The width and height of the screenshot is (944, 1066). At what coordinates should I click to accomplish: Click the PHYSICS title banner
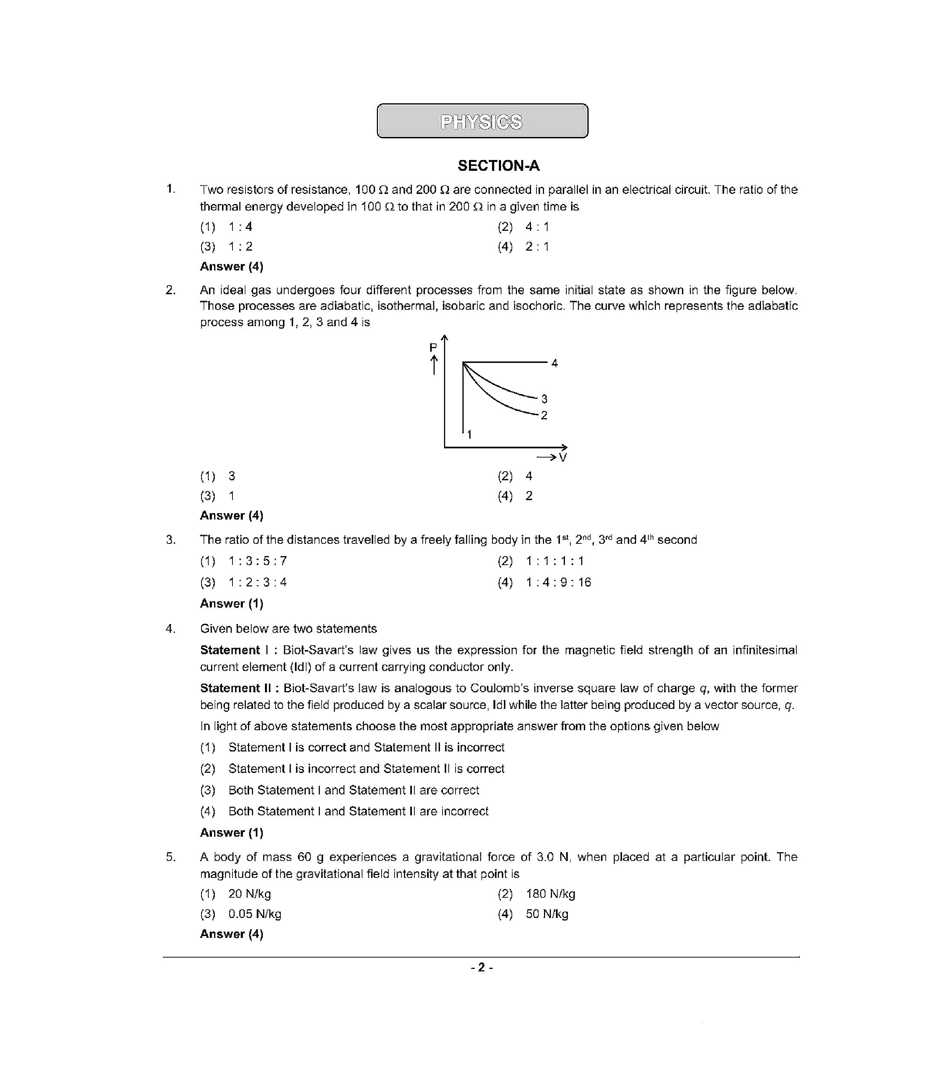click(x=482, y=121)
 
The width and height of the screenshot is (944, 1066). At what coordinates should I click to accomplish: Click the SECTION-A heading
click(x=498, y=166)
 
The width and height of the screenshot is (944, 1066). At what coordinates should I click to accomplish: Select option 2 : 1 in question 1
click(x=537, y=247)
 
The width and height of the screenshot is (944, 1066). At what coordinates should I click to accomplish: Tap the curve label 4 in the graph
click(x=554, y=363)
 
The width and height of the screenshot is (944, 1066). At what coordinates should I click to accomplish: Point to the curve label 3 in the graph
click(x=544, y=399)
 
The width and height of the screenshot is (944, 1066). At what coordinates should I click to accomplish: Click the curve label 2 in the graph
click(x=544, y=416)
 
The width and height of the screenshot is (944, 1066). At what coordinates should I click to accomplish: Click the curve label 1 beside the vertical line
click(x=470, y=434)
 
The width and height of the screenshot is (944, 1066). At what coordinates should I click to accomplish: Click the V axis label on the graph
click(x=562, y=458)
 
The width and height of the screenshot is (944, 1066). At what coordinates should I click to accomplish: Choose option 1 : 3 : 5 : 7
click(x=257, y=561)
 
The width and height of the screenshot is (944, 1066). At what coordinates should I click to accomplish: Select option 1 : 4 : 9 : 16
click(x=558, y=582)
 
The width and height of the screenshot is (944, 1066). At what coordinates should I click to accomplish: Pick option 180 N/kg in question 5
click(x=551, y=894)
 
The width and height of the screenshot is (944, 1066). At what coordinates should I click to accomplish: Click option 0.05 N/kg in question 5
click(x=255, y=914)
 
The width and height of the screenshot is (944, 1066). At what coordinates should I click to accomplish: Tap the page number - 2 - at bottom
click(x=482, y=968)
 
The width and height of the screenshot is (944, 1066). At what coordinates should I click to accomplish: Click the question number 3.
click(x=170, y=540)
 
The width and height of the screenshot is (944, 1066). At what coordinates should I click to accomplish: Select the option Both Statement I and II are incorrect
click(x=358, y=811)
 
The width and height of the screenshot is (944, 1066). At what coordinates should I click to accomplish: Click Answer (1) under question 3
click(x=231, y=604)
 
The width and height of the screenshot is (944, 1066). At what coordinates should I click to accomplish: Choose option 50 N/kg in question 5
click(x=547, y=914)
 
